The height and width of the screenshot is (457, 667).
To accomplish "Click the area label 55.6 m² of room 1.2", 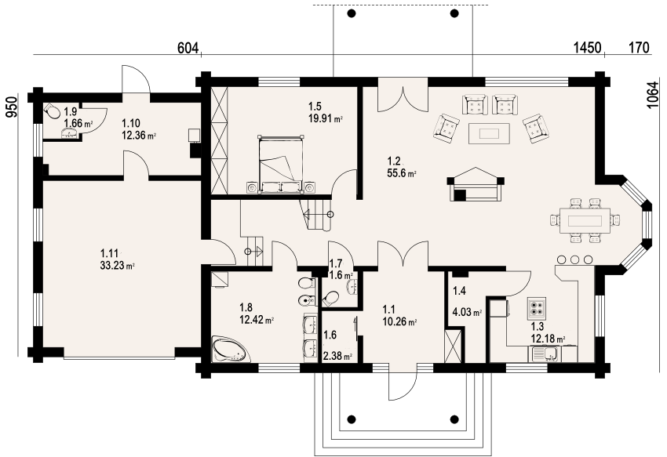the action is click(401, 173).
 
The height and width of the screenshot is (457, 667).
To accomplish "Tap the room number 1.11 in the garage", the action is click(109, 254).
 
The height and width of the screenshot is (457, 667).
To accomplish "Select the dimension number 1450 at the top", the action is click(588, 48).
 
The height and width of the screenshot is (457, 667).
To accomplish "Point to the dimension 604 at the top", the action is click(188, 49).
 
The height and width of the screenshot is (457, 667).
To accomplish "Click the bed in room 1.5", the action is click(281, 164).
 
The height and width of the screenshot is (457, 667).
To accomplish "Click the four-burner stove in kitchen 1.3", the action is click(537, 309).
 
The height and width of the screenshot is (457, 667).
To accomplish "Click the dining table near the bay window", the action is click(585, 220).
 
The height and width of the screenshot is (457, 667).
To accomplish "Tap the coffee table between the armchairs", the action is click(489, 133).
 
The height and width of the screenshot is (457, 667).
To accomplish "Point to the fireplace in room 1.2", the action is click(476, 184).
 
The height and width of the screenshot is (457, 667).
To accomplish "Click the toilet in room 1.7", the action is click(330, 299).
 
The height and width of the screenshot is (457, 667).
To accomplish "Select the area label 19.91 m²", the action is click(326, 118).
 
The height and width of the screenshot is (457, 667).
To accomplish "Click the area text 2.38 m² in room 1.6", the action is click(337, 356).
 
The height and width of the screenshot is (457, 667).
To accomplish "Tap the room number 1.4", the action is click(459, 291).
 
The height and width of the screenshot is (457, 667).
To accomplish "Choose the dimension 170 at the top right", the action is click(639, 48).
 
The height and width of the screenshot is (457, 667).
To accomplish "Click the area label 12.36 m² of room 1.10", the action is click(139, 136).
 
